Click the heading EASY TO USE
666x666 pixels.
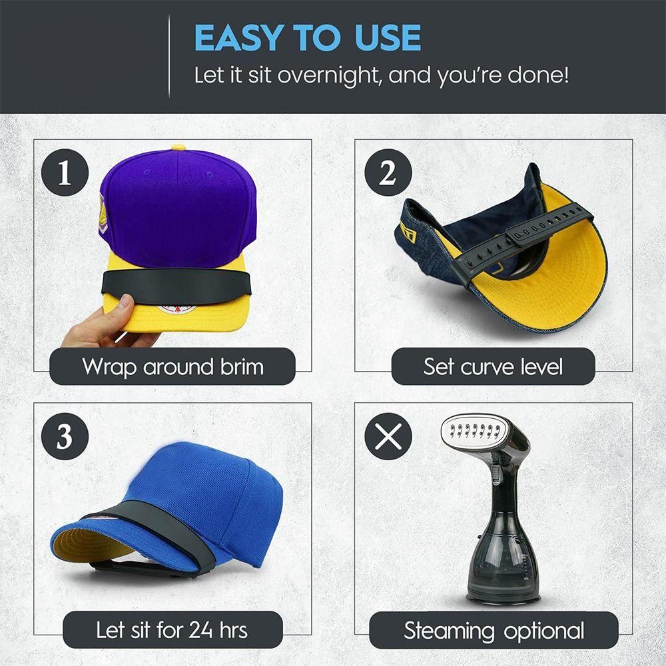tap(307, 38)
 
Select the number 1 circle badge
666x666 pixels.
tap(65, 174)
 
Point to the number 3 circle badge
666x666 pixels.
tap(64, 437)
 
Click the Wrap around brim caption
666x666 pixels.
tap(172, 366)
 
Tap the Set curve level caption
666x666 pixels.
tap(493, 366)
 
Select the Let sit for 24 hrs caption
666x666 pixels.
tap(172, 629)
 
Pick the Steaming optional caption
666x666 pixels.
tap(494, 630)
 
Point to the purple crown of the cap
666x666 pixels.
tap(180, 206)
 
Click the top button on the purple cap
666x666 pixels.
tap(178, 147)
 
